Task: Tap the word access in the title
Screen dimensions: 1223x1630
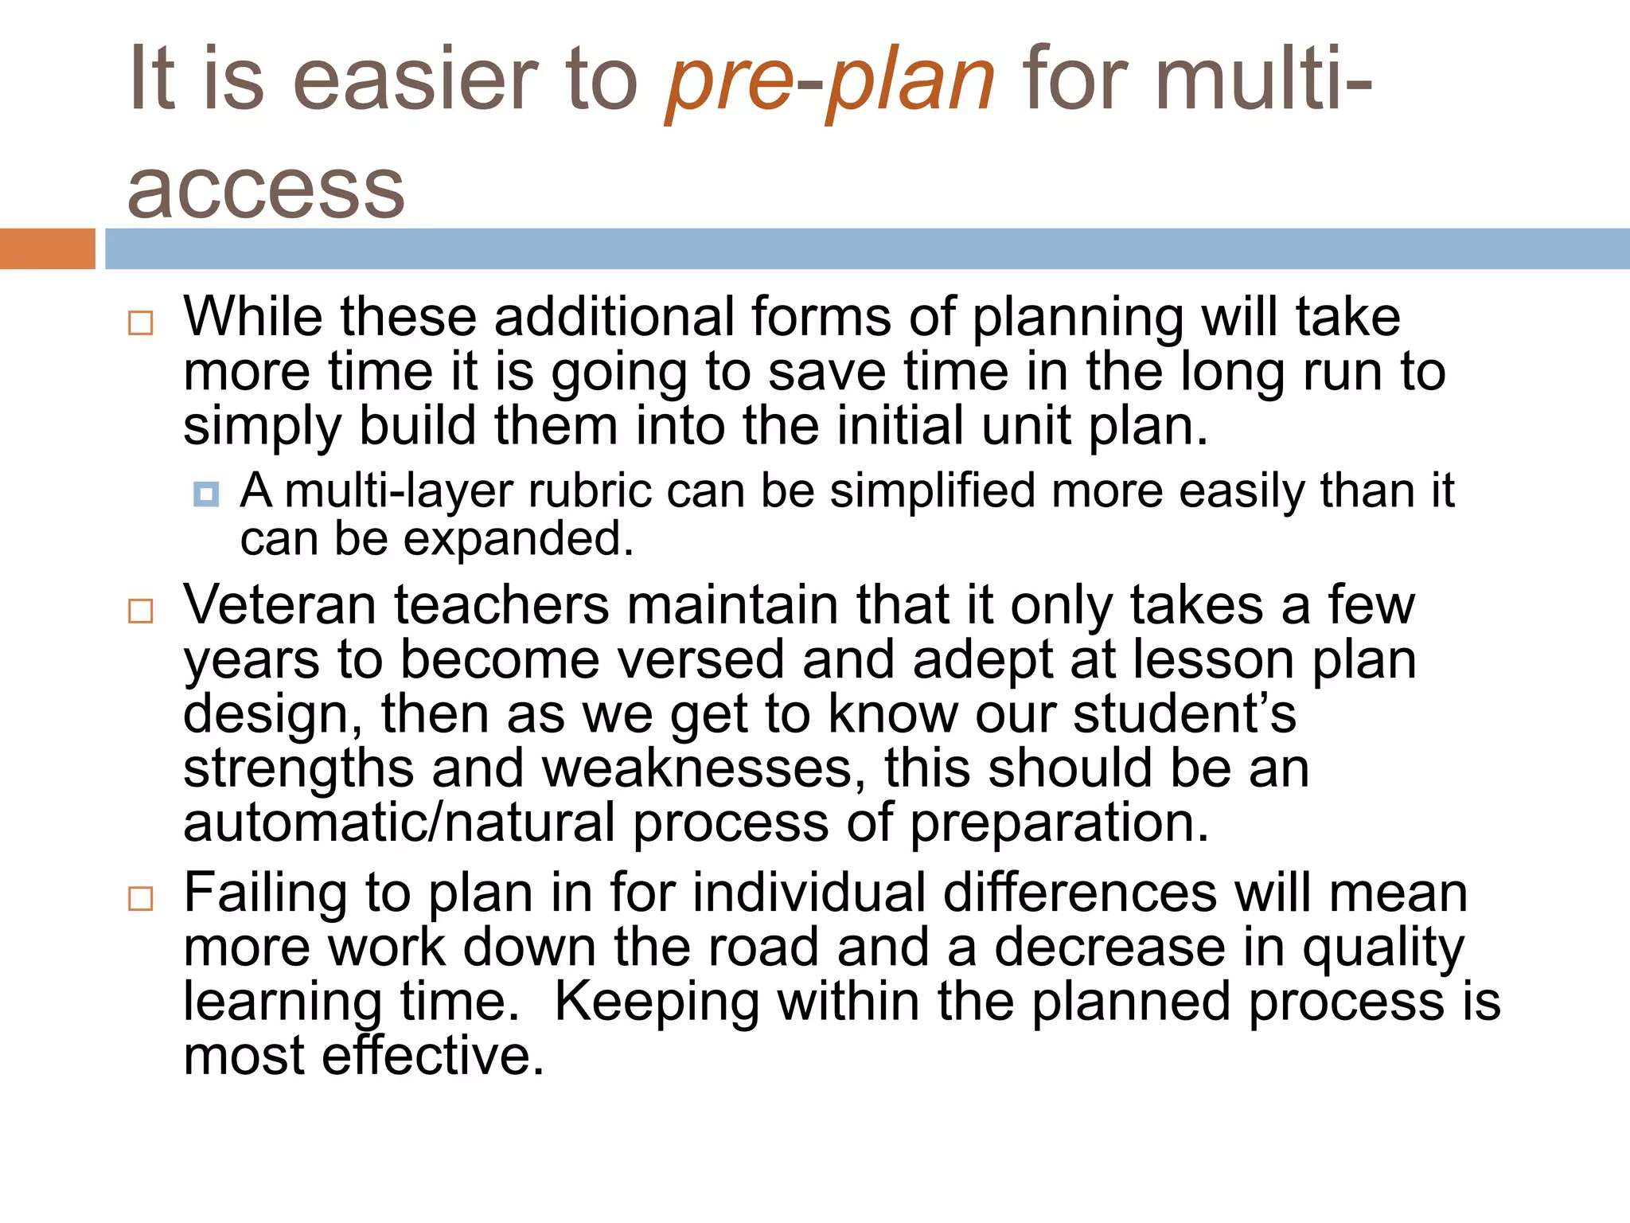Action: tap(266, 190)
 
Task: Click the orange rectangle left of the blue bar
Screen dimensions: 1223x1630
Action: tap(47, 248)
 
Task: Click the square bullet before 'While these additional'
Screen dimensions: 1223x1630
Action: tap(141, 322)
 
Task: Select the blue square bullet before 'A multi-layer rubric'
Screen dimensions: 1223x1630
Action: tap(206, 494)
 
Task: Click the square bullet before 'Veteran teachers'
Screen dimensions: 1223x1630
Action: tap(141, 611)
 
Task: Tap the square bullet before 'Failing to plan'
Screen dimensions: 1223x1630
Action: tap(141, 899)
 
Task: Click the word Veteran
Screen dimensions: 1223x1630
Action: tap(279, 605)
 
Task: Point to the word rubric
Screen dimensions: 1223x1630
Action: tap(590, 490)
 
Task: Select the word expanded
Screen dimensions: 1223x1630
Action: tap(518, 540)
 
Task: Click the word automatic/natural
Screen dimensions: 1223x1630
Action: tap(399, 822)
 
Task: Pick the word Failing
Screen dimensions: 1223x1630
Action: tap(265, 893)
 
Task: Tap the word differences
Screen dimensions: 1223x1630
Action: tap(1080, 893)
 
